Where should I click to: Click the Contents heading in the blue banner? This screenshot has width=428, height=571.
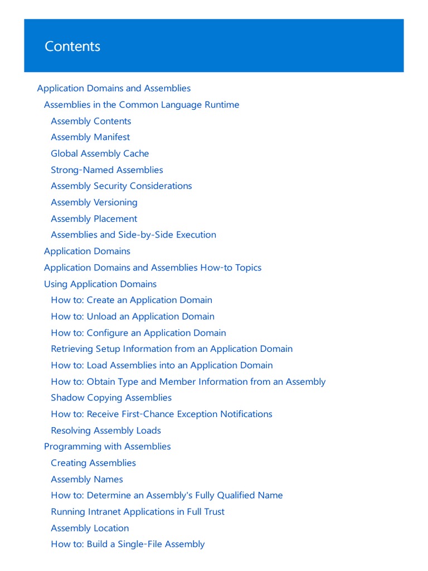(72, 46)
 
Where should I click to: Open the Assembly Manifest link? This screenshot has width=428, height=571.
(90, 137)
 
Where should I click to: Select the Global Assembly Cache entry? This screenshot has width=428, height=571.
(100, 153)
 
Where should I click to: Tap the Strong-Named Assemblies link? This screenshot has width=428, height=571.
(107, 170)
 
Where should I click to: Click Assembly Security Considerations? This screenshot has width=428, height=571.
(121, 186)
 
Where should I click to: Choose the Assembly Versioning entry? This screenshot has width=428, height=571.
(94, 202)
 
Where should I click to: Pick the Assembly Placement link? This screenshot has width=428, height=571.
(94, 219)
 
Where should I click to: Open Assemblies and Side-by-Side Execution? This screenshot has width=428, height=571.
(133, 235)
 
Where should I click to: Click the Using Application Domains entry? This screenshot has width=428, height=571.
(100, 284)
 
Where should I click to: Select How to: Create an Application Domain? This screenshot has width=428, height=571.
(132, 300)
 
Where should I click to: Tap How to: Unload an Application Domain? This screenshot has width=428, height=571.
(133, 316)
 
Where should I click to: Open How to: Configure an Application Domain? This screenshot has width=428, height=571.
(138, 333)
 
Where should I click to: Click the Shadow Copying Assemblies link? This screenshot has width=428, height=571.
(111, 398)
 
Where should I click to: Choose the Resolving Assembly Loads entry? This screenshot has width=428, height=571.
(106, 430)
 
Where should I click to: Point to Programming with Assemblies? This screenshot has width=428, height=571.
(107, 446)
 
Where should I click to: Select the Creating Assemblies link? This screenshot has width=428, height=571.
(93, 463)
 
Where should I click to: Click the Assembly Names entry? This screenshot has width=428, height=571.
(86, 479)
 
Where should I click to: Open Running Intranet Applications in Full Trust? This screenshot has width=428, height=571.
(138, 511)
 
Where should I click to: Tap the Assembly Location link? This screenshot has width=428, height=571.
(90, 528)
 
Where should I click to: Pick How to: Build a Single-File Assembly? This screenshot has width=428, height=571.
(128, 544)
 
